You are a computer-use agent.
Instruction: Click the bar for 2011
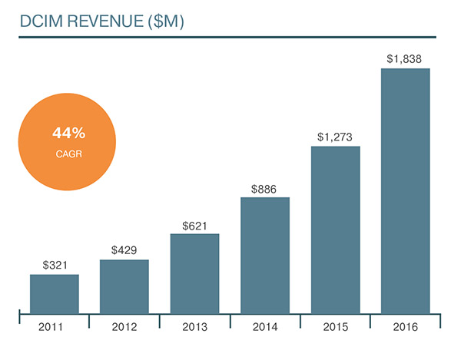(x=55, y=293)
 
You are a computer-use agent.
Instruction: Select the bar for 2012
(x=124, y=286)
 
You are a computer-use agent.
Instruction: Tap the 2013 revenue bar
(x=194, y=273)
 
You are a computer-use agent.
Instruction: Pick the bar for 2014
(x=265, y=255)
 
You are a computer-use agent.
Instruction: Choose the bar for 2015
(x=336, y=230)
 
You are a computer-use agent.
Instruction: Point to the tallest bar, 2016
(x=406, y=190)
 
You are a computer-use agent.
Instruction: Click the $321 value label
(x=55, y=266)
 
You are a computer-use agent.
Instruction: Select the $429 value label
(x=124, y=250)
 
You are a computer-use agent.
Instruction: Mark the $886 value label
(x=265, y=188)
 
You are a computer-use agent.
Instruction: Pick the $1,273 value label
(x=336, y=137)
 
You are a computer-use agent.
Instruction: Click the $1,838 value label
(x=406, y=58)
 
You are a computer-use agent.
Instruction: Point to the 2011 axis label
(x=55, y=328)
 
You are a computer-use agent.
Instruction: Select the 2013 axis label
(x=194, y=328)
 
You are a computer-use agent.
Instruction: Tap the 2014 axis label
(x=265, y=328)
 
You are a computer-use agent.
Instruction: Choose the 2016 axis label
(x=406, y=328)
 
